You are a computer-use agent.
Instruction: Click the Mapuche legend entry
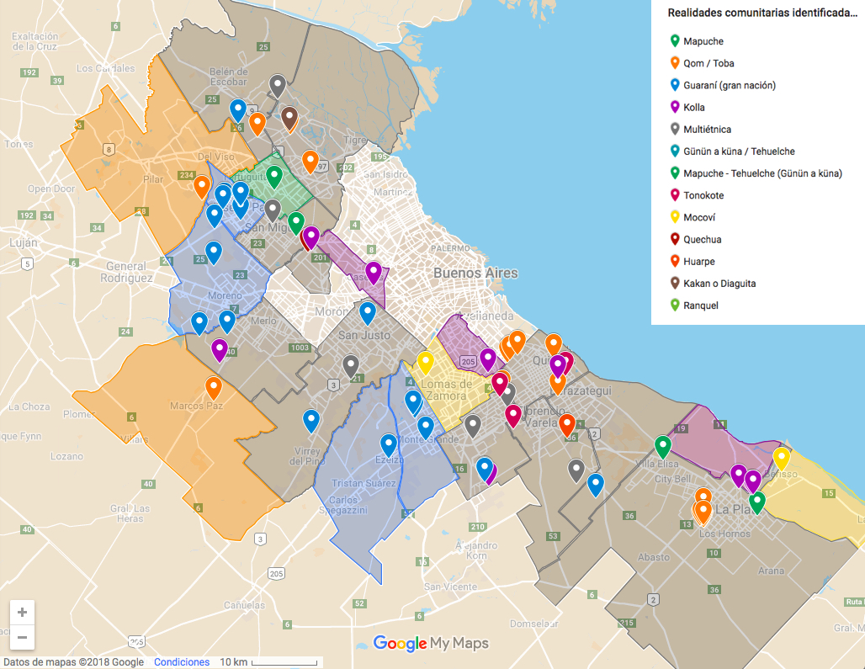703,41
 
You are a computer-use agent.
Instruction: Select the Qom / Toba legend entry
708,63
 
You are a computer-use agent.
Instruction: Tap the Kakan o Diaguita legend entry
719,284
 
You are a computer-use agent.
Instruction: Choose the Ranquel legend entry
700,305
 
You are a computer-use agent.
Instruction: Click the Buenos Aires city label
475,273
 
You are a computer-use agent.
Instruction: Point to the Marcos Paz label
196,406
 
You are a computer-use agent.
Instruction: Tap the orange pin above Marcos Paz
214,387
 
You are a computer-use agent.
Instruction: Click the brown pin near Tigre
289,118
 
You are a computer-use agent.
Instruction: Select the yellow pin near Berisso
782,458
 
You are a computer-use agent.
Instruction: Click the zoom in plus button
22,612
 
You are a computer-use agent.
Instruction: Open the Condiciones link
182,662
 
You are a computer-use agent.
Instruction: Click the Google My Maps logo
431,644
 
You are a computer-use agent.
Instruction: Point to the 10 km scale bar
269,662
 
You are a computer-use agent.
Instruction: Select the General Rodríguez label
125,271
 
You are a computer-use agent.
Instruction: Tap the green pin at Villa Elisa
663,445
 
